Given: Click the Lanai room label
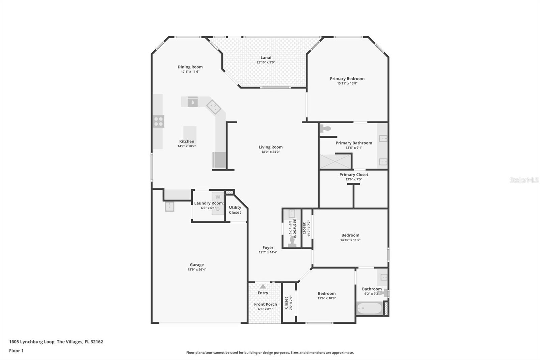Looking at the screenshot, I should pos(266,57).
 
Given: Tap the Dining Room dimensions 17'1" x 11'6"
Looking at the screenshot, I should pos(190,72).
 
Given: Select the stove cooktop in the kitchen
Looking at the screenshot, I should pos(158,121).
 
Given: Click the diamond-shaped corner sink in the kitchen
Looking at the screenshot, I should pos(214,107).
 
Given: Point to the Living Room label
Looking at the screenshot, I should pos(270,147).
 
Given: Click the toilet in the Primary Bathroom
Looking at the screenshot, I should pos(325,128).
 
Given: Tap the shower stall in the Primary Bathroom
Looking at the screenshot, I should pos(335,161).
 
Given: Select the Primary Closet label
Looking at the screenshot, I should pos(354,175).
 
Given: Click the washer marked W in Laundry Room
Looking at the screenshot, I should pos(218,197).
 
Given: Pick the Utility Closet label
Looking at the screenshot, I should pos(235,210).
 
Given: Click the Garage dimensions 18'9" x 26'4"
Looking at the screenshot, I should pos(197,269).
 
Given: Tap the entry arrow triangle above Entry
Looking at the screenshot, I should pos(263,286).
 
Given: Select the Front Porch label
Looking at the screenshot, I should pos(265,304).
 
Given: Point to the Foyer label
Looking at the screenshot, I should pos(268,248).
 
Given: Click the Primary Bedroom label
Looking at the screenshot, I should pos(347,79).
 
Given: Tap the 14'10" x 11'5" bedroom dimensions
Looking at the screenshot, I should pos(350,240).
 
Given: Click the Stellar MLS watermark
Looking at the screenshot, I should pos(524,180).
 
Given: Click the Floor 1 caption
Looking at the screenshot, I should pos(16,351).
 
